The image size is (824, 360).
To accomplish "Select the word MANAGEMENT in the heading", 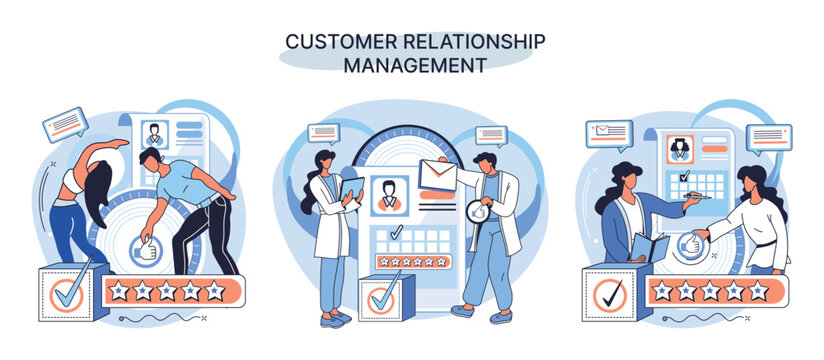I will pos(415,65).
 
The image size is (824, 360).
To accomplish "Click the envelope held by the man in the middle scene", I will pos(438,176).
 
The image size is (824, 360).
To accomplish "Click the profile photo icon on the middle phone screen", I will pos(388,195).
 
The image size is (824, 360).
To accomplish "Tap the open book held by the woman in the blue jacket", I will pos(649,246).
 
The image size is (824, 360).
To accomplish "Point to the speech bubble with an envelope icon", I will pos(609,133).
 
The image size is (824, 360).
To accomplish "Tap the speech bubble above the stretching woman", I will pos(66,124).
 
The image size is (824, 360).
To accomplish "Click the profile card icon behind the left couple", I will pos(156,134).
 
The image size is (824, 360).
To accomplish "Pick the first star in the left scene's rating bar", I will pos(119,291).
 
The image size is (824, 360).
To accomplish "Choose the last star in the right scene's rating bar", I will pos(758,290).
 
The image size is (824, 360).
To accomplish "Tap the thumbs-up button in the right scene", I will pos(689,244).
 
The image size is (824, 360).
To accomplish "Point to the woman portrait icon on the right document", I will pos(680,148).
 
